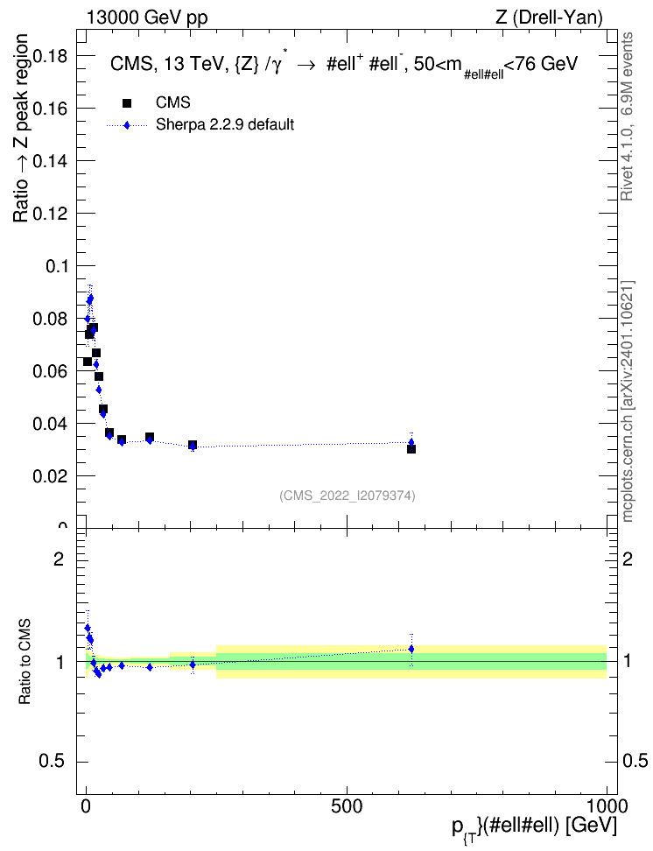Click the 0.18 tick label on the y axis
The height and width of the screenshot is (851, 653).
[x=50, y=56]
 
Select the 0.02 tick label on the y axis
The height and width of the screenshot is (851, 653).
[x=50, y=476]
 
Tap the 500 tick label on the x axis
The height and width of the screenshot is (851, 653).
[x=347, y=806]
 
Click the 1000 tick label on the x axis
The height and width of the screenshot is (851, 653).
[x=607, y=806]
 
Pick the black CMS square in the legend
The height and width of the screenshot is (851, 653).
[x=127, y=103]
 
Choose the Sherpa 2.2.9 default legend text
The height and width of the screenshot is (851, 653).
[x=225, y=125]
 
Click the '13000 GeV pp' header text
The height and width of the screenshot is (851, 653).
[x=147, y=18]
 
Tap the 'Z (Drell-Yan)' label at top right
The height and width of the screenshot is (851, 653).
[x=549, y=18]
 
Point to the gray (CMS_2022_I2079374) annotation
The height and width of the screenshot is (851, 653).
[x=348, y=496]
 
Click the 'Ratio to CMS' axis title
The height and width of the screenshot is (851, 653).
[x=25, y=662]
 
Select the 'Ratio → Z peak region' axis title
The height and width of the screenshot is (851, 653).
[x=21, y=128]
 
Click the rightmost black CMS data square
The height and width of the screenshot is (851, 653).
[x=411, y=449]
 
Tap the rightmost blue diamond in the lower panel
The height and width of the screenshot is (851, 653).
[x=411, y=649]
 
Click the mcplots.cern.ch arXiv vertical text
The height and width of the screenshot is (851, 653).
[x=628, y=401]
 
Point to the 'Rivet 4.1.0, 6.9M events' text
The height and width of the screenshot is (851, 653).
[x=627, y=116]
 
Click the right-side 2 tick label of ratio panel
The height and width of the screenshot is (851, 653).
[x=628, y=559]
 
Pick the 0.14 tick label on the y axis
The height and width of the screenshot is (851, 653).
[x=50, y=161]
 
